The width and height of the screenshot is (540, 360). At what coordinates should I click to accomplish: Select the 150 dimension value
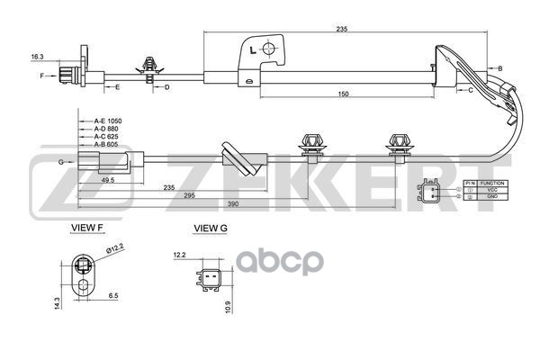(x=344, y=93)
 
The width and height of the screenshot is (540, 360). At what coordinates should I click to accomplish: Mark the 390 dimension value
(x=232, y=205)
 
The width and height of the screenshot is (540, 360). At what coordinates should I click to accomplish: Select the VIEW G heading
(x=211, y=229)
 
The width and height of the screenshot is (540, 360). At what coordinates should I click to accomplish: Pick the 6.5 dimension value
(x=114, y=296)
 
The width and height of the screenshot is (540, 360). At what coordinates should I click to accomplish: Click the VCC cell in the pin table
(x=493, y=190)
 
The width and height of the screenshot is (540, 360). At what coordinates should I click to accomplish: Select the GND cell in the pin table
(x=493, y=197)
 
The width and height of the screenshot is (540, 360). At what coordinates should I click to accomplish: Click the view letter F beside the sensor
(x=41, y=76)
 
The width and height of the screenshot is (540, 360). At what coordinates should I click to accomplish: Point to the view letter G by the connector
(x=60, y=162)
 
